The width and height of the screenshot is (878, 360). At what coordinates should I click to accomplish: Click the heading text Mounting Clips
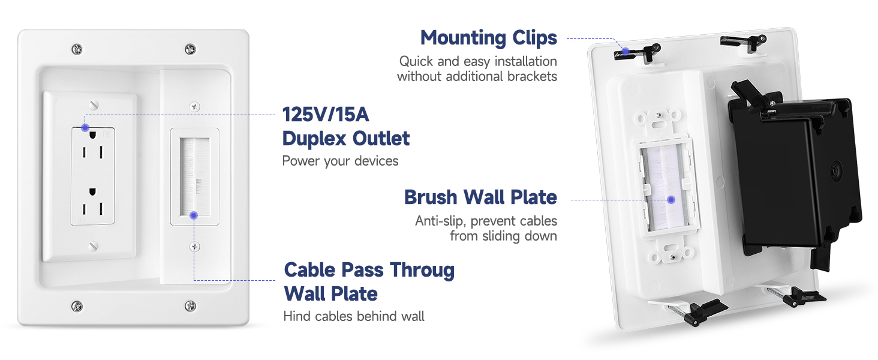point(488,38)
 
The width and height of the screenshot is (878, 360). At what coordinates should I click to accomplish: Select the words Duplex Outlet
point(346,138)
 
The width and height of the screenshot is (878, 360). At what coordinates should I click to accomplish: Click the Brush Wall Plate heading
point(480,197)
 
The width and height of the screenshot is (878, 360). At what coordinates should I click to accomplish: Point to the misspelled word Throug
point(421,269)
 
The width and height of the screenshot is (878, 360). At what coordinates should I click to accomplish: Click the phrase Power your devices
point(340,161)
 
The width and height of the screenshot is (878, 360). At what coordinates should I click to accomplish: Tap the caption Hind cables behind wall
point(353,316)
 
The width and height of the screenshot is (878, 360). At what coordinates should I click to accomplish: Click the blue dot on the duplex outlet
point(85,127)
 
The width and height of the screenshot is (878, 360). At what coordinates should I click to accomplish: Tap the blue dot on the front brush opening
point(193,215)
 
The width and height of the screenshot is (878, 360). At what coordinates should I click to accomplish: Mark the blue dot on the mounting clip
point(624,51)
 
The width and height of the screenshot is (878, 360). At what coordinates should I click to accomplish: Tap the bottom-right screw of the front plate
point(190,305)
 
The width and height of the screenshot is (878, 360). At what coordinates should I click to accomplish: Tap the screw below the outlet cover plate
point(92,245)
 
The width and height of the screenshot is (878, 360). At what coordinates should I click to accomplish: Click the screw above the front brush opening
point(194,106)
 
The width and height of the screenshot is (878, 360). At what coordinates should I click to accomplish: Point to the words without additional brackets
point(477,76)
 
